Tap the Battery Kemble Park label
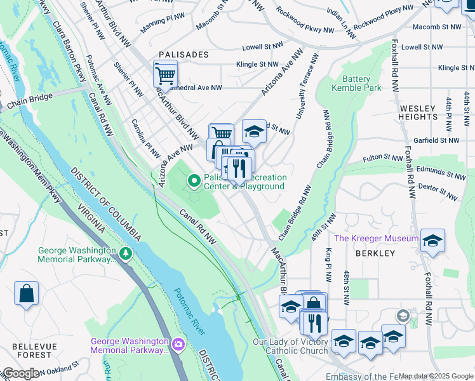(356, 83)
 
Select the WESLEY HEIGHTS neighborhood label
(418, 112)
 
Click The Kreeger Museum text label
(376, 238)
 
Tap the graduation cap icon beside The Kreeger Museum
(432, 240)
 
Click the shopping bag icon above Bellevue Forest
(27, 293)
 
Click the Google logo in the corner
(20, 373)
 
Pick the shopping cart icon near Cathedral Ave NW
(165, 74)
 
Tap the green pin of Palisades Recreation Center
(194, 182)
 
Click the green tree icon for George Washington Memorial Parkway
(126, 255)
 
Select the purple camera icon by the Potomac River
(178, 345)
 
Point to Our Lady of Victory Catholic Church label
(290, 346)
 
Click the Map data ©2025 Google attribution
(436, 376)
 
